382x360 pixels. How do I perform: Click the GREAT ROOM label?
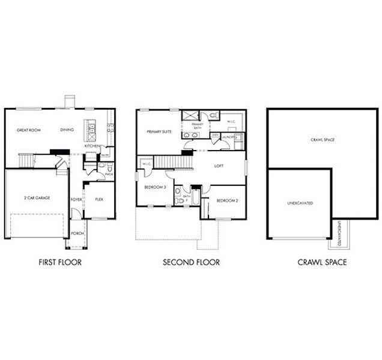[x=28, y=130]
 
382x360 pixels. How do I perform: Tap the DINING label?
[x=67, y=130]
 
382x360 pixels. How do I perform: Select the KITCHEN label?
[x=92, y=146]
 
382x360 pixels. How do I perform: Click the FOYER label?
[x=76, y=199]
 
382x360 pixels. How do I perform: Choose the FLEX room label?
[x=99, y=199]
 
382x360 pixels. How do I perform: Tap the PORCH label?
[x=77, y=233]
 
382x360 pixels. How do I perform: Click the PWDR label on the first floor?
[x=109, y=174]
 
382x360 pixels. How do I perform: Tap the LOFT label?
[x=220, y=164]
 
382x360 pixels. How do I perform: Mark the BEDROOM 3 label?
[x=155, y=187]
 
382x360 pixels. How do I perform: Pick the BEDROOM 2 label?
[x=227, y=200]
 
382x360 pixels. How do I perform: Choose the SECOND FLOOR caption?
[x=191, y=262]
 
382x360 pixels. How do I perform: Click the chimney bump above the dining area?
[x=70, y=101]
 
